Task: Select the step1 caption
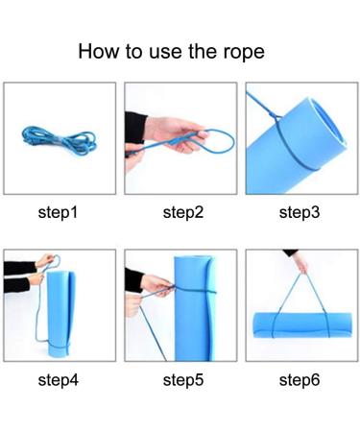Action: (x=58, y=212)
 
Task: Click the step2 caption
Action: (x=183, y=212)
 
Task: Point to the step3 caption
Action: (x=300, y=212)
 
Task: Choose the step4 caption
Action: (x=59, y=380)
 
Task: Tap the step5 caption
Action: (x=183, y=380)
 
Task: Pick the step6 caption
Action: (x=300, y=380)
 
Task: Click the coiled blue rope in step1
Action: (x=59, y=140)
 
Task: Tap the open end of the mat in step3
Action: (x=328, y=125)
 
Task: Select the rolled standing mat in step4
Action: (x=60, y=314)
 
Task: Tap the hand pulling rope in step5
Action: (x=156, y=284)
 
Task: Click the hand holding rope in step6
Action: (x=300, y=262)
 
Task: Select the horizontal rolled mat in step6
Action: (x=302, y=324)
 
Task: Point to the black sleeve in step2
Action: (x=134, y=128)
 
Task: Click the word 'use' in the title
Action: (x=166, y=53)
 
